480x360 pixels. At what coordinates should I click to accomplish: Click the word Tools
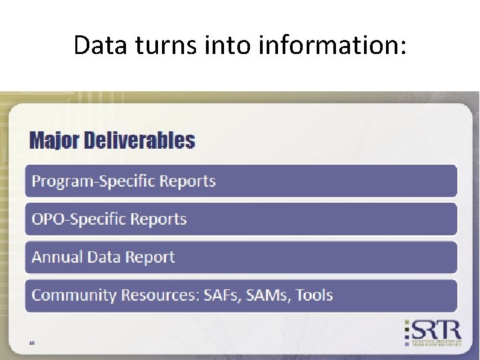coord(314,295)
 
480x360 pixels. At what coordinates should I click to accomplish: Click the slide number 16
coord(32,343)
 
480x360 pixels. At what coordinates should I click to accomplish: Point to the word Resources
coord(158,295)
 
